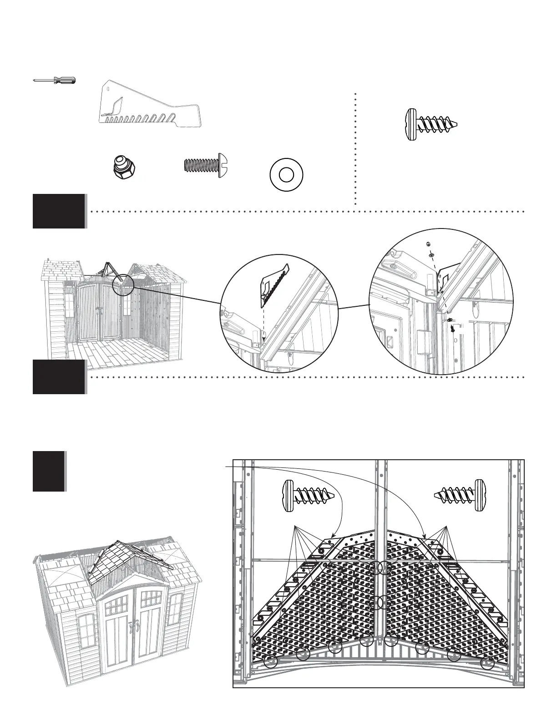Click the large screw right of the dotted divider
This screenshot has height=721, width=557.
coord(430,124)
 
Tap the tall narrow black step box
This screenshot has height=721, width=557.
coord(49,471)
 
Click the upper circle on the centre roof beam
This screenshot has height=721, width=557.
coord(384,569)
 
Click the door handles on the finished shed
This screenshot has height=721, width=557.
coord(133,627)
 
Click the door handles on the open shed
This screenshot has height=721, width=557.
coord(100,310)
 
